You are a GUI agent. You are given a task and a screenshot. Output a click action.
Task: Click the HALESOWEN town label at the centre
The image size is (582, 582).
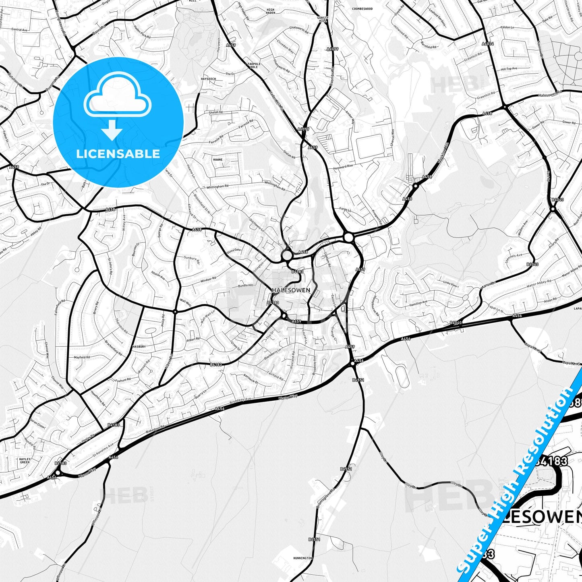pos(291,290)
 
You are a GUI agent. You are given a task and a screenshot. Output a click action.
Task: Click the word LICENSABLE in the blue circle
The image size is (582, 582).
pos(118,153)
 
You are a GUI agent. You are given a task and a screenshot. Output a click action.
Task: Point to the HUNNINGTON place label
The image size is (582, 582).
pos(303,558)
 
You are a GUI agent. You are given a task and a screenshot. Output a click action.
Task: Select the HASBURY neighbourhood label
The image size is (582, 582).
pos(139,346)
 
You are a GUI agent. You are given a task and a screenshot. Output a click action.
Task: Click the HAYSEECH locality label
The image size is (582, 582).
pos(208,79)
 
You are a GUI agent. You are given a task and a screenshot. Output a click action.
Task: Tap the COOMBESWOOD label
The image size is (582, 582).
pos(362,8)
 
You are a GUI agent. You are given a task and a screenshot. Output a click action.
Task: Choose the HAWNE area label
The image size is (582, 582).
pos(217,159)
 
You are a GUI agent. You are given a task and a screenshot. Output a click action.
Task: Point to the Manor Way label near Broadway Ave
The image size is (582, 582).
pos(288,397)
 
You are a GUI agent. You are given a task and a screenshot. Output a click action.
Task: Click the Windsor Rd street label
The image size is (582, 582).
pos(208,279)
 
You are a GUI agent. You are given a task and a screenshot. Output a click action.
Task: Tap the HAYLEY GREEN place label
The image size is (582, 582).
pos(25,460)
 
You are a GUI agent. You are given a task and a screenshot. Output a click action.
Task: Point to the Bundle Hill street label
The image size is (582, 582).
pos(246,285)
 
